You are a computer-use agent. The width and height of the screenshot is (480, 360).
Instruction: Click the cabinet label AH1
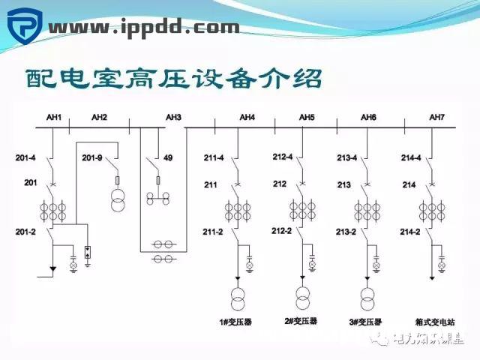pyautogui.click(x=53, y=117)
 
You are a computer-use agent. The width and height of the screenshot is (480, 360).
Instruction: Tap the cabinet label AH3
pyautogui.click(x=173, y=117)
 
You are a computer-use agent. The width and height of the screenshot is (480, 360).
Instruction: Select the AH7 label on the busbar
pyautogui.click(x=436, y=117)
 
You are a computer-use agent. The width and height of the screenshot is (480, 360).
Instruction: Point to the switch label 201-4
pyautogui.click(x=25, y=157)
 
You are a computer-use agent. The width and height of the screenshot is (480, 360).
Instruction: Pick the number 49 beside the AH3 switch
pyautogui.click(x=168, y=157)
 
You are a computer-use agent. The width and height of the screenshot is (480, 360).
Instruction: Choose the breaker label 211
pyautogui.click(x=211, y=184)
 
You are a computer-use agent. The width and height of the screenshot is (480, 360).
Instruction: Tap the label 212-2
pyautogui.click(x=282, y=230)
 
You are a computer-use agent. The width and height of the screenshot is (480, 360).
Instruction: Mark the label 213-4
pyautogui.click(x=347, y=157)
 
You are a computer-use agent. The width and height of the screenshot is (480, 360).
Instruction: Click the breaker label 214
pyautogui.click(x=409, y=184)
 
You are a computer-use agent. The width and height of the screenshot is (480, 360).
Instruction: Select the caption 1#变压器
pyautogui.click(x=235, y=322)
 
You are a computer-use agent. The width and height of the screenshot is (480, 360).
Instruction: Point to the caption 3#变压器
pyautogui.click(x=365, y=322)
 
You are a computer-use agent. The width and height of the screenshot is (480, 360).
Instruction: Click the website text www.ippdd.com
pyautogui.click(x=145, y=28)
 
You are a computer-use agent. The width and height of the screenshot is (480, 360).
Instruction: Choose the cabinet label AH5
pyautogui.click(x=307, y=117)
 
